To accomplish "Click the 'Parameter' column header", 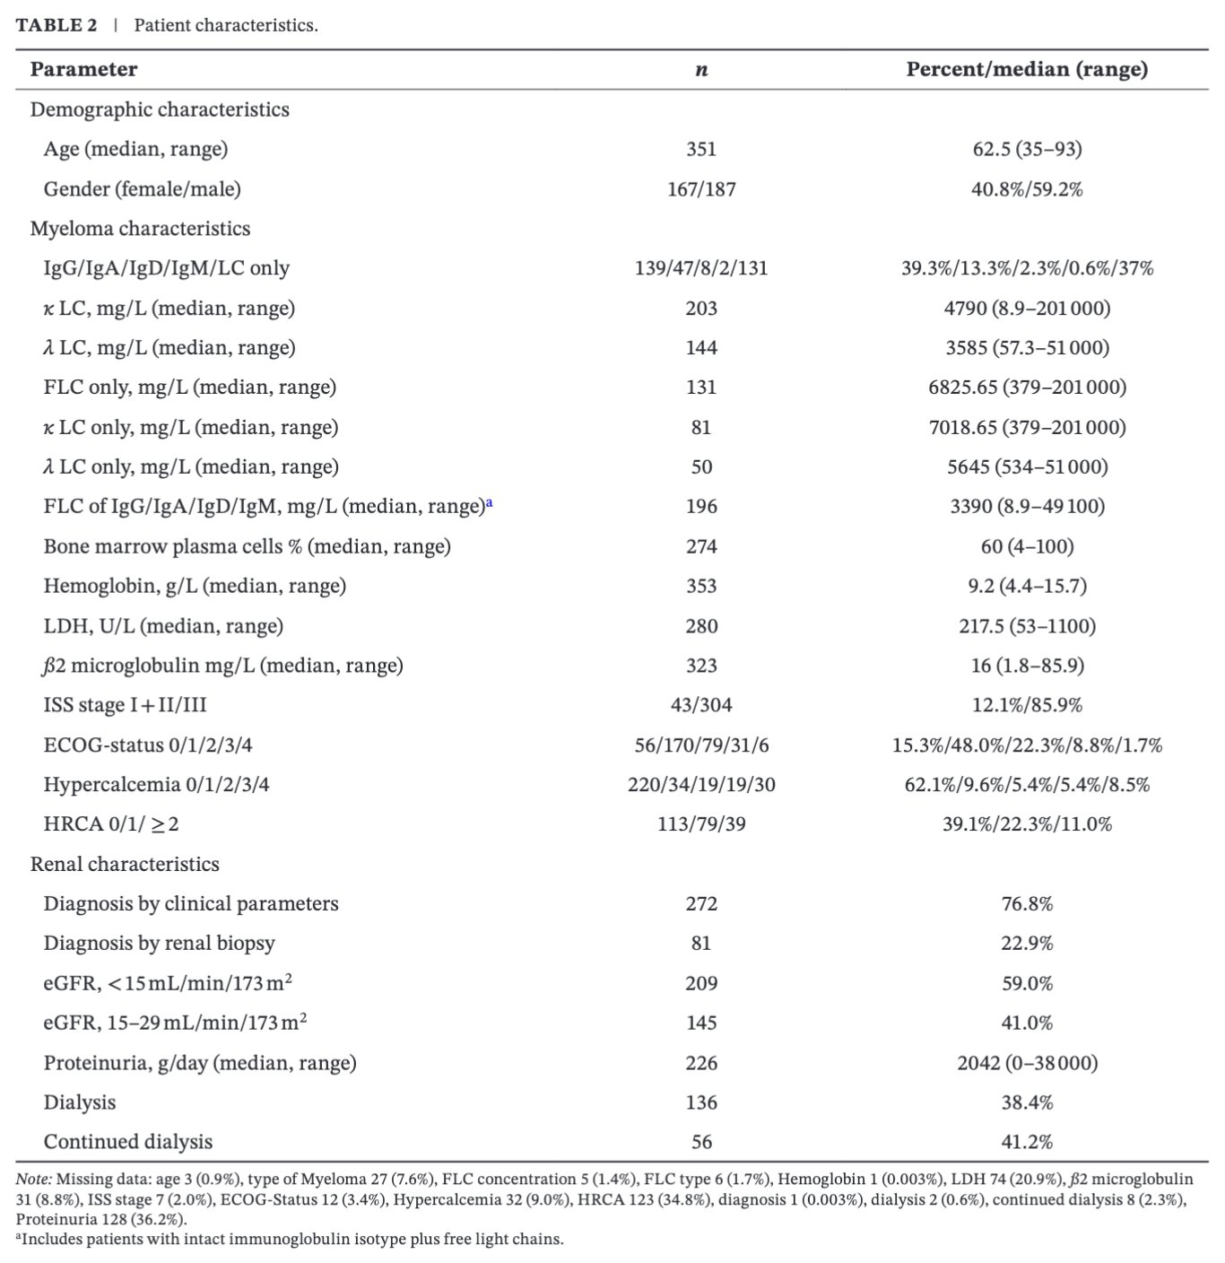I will [x=83, y=69].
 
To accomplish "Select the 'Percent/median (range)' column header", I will [x=1027, y=69].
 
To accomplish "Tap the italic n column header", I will [x=701, y=70].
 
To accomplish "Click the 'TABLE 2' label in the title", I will [x=56, y=25].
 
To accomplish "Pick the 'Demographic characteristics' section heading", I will [x=160, y=109].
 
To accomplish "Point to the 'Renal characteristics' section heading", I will [x=125, y=864].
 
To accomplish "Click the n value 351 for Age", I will [x=701, y=149].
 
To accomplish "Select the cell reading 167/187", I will [x=701, y=189].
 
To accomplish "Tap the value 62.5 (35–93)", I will [x=1027, y=149].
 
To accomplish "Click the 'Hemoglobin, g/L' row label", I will [x=195, y=586].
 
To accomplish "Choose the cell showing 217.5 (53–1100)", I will [x=1027, y=626].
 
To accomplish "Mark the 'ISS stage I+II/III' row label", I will [x=125, y=705].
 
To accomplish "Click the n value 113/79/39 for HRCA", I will [x=701, y=824].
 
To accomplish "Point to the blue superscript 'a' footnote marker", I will [x=490, y=503].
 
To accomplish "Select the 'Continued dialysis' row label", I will [x=128, y=1142].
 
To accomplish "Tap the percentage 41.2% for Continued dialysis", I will [x=1027, y=1142].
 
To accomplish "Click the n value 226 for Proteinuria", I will [x=701, y=1063].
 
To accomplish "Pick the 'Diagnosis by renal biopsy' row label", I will [x=159, y=943].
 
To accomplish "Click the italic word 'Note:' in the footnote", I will [x=34, y=1180].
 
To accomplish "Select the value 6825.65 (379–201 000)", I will [x=1027, y=388].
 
